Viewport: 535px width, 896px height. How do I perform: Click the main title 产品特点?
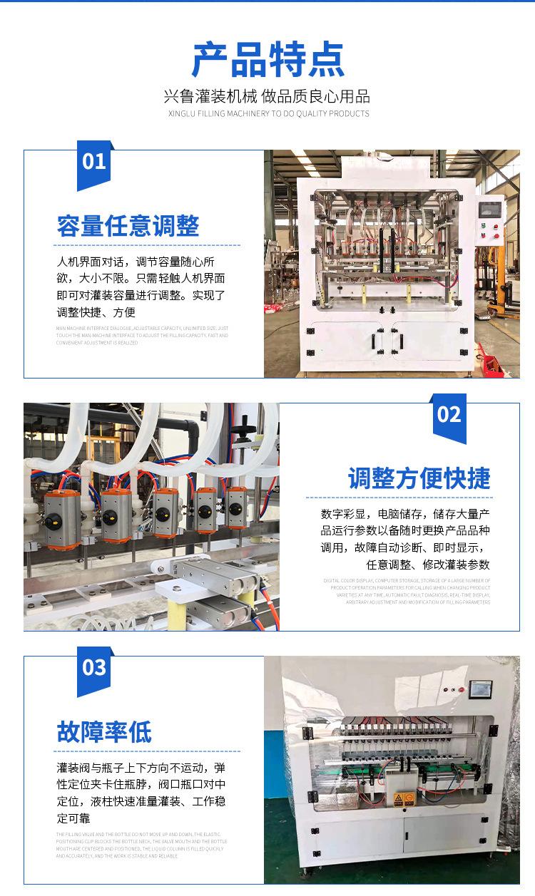[267, 60]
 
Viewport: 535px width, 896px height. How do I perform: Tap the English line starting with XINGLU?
[267, 113]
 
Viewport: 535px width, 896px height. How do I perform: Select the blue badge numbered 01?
[94, 162]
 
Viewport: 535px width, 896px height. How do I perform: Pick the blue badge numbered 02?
[449, 415]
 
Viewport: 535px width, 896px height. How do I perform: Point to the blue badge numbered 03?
[94, 668]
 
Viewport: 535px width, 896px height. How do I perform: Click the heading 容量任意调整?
[128, 226]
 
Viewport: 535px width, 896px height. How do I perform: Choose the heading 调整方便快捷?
[419, 478]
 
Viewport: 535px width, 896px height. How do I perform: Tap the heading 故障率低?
[104, 731]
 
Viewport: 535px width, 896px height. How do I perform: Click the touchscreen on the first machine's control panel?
[490, 210]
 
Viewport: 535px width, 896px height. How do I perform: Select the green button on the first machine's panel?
[484, 227]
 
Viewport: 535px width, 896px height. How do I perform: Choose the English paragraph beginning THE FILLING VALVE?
[141, 845]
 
